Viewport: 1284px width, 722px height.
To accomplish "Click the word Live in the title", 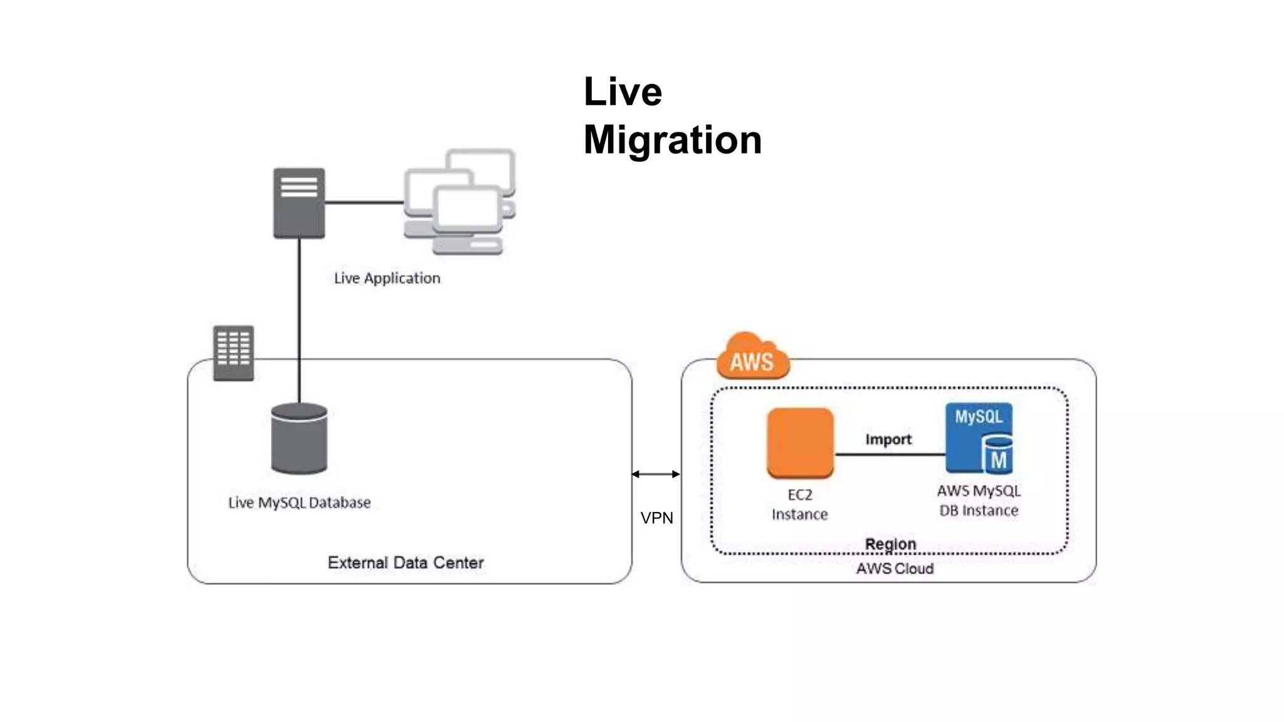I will pyautogui.click(x=622, y=92).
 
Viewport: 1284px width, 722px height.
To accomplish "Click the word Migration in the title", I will pyautogui.click(x=672, y=140).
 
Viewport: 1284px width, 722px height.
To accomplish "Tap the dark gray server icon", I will pyautogui.click(x=299, y=203).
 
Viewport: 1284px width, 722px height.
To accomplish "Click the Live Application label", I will pyautogui.click(x=387, y=278).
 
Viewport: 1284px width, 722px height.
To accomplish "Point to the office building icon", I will pyautogui.click(x=233, y=353).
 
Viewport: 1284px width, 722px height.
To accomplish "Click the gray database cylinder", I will pyautogui.click(x=299, y=439).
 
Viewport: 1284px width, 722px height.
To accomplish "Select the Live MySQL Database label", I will pyautogui.click(x=299, y=503).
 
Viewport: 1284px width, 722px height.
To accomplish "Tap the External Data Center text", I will pyautogui.click(x=406, y=563).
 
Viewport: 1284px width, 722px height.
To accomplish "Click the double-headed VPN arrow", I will pyautogui.click(x=656, y=474).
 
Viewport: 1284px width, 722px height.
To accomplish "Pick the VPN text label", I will pyautogui.click(x=656, y=518).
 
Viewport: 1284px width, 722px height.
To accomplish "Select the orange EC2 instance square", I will pyautogui.click(x=800, y=442).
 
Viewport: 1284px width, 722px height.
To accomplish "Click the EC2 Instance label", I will pyautogui.click(x=799, y=505).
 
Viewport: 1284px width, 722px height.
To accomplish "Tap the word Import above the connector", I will pyautogui.click(x=888, y=439).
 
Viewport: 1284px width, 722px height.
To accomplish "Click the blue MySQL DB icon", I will pyautogui.click(x=979, y=438).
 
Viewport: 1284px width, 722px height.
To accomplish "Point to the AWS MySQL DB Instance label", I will pyautogui.click(x=979, y=501).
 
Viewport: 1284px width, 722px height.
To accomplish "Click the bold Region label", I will pyautogui.click(x=890, y=543).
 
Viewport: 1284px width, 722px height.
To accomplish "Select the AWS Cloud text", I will pyautogui.click(x=895, y=568).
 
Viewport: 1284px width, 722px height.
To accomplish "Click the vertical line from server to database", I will pyautogui.click(x=299, y=320).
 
